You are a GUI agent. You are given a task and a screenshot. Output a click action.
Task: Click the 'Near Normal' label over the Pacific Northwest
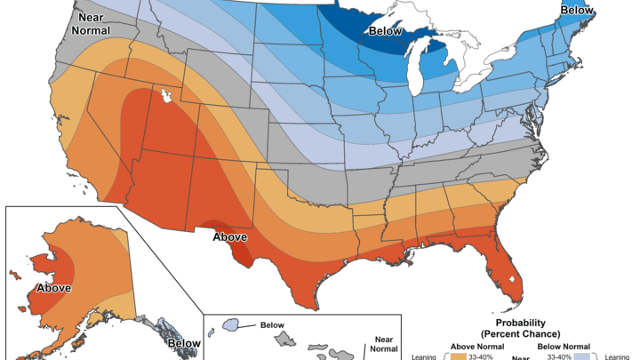(x=91, y=22)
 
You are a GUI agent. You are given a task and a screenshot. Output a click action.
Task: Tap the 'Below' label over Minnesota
(x=386, y=29)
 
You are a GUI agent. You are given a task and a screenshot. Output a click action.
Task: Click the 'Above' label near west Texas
(x=229, y=237)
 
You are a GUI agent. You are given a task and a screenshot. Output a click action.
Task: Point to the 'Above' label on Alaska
(x=53, y=288)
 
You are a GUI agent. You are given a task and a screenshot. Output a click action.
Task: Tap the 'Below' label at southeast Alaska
(x=184, y=342)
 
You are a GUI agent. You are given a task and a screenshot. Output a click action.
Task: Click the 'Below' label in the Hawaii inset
(x=272, y=325)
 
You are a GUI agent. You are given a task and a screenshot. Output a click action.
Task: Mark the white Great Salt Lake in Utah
(x=164, y=93)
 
